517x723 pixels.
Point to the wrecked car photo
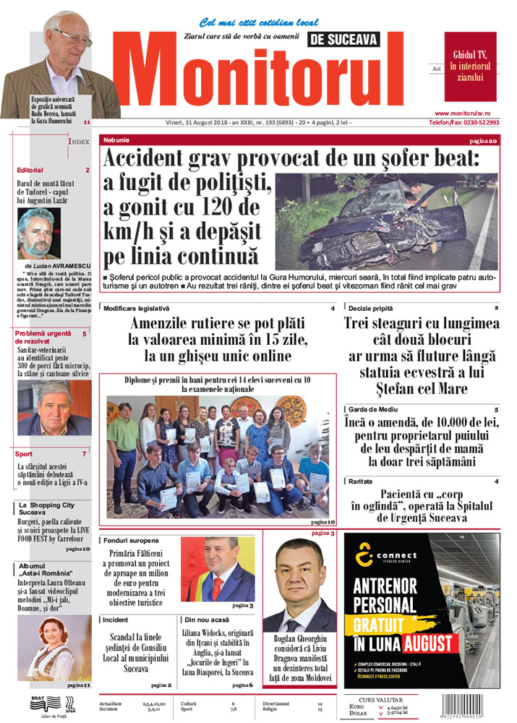point(387,221)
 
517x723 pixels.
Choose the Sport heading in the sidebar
point(24,454)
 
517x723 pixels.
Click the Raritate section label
point(360,482)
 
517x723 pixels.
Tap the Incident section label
point(116,620)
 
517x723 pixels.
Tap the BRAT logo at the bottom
point(40,700)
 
